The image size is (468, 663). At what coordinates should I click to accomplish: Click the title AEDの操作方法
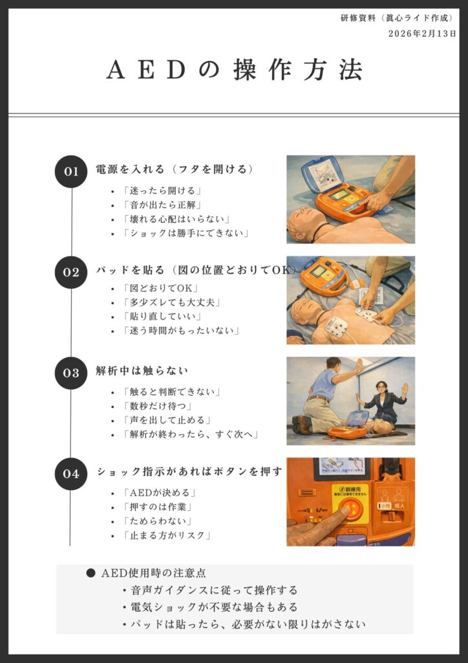(x=234, y=70)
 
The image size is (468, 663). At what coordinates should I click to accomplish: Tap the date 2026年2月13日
(x=422, y=34)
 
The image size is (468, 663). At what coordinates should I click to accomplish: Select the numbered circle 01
(x=71, y=172)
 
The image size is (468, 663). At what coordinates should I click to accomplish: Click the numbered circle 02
(x=71, y=273)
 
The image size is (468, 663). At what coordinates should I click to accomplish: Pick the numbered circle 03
(x=71, y=373)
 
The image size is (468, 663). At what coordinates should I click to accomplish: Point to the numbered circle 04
(x=71, y=473)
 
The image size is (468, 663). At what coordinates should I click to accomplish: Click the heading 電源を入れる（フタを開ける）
(x=175, y=170)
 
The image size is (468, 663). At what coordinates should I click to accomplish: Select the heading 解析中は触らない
(x=142, y=371)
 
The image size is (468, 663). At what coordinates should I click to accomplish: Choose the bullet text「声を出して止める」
(x=167, y=420)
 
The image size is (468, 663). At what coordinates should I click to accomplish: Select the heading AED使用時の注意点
(x=154, y=574)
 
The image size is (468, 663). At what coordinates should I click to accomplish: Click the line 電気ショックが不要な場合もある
(x=214, y=607)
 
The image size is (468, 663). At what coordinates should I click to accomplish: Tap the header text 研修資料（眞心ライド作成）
(x=397, y=18)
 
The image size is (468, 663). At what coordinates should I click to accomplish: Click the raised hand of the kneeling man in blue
(x=358, y=365)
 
